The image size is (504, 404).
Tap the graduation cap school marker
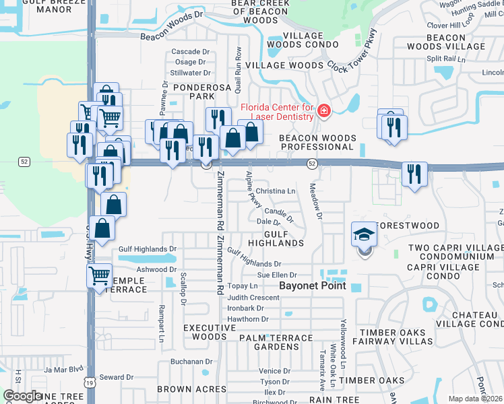[x=365, y=236]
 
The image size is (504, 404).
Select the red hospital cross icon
[x=324, y=110]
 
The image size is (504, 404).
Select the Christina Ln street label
[x=276, y=191]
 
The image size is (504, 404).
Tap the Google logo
[x=23, y=396]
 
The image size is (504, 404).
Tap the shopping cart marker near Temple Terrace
[x=99, y=276]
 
